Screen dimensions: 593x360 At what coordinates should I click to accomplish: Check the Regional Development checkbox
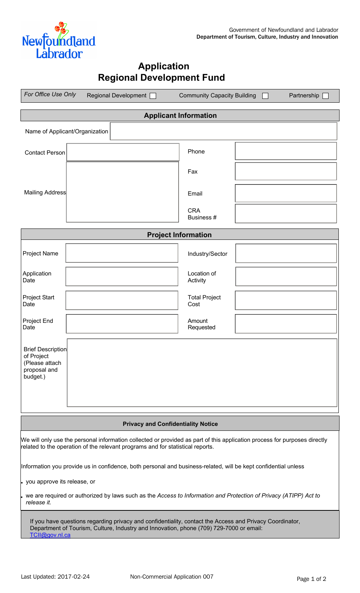153,96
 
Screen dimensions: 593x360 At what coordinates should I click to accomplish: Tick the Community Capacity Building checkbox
265,96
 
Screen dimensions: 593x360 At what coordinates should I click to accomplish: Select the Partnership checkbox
326,96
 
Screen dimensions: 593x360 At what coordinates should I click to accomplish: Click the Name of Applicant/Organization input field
223,131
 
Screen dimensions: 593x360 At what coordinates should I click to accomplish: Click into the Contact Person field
123,152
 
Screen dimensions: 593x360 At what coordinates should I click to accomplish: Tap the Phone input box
286,151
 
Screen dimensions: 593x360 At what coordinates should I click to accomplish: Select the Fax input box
286,171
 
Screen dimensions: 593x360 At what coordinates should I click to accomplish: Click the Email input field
286,193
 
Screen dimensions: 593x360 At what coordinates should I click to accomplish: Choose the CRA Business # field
286,214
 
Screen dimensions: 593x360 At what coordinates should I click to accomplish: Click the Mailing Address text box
122,192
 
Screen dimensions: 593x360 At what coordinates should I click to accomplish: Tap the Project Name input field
122,253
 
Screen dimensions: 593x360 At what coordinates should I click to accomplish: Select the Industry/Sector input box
286,253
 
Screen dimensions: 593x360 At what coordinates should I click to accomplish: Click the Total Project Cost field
286,300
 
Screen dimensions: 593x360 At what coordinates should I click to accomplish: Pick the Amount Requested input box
286,324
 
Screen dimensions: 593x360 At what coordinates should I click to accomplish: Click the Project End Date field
122,324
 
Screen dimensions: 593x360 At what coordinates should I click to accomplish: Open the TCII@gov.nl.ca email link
50,535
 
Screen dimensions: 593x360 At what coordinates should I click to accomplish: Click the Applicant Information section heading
180,116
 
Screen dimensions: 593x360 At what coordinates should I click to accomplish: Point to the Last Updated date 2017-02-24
74,577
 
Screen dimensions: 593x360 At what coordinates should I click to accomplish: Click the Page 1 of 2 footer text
311,579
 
